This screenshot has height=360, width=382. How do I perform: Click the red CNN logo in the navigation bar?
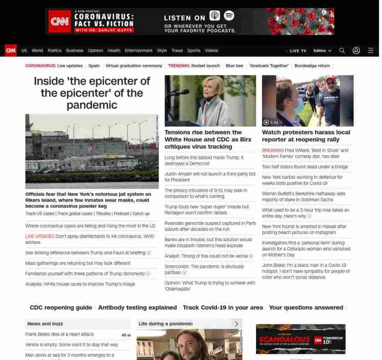click(x=10, y=51)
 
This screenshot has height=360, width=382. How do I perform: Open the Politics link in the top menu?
click(x=54, y=51)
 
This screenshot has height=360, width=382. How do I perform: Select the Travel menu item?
click(x=177, y=51)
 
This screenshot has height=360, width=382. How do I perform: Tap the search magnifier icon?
click(x=342, y=51)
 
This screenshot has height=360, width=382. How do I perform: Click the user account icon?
click(x=356, y=51)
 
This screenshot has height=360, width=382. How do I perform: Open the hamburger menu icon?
click(x=371, y=51)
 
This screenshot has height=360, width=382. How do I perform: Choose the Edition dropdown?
click(x=322, y=51)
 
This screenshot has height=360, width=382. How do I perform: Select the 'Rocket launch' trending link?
click(x=205, y=66)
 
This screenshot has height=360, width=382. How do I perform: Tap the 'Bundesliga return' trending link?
click(x=312, y=66)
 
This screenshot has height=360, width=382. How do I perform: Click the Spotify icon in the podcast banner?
click(x=229, y=16)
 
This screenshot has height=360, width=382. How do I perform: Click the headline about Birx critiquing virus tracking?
click(x=208, y=139)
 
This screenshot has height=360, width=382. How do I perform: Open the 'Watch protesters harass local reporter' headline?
click(x=306, y=136)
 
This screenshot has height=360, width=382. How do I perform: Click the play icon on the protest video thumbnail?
click(x=266, y=122)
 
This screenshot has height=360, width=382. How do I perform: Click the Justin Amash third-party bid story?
click(x=210, y=177)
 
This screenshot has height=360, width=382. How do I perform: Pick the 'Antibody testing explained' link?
click(x=137, y=308)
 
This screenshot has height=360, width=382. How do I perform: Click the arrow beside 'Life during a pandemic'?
click(x=236, y=324)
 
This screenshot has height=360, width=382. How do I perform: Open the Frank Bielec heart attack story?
click(x=60, y=334)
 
